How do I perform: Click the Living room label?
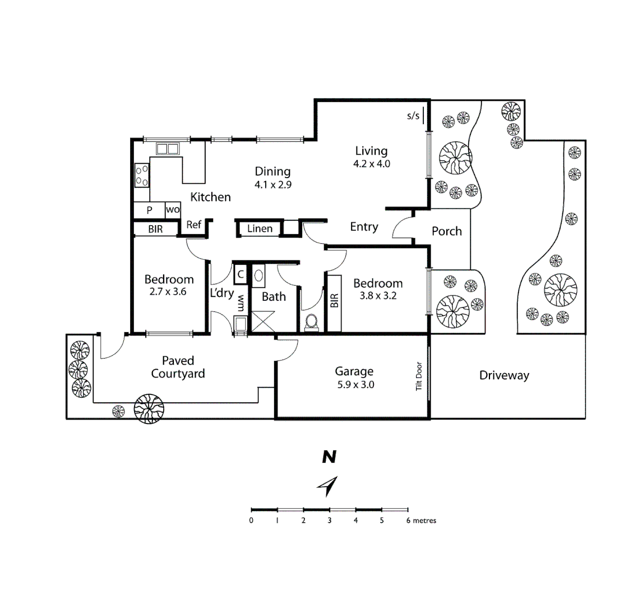[371, 151]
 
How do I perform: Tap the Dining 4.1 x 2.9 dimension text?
[273, 184]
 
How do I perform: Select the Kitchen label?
[210, 197]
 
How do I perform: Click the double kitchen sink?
[167, 148]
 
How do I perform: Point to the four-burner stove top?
[142, 175]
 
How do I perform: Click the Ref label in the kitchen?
[193, 225]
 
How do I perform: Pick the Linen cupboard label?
[260, 229]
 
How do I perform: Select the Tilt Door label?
[418, 375]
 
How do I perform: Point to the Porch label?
[447, 231]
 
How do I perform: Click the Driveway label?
[504, 375]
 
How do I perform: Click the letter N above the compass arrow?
[329, 457]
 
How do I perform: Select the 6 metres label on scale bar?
[421, 520]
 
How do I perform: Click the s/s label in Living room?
[413, 116]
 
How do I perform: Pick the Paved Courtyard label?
[178, 367]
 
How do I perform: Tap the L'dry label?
[221, 293]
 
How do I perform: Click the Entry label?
[364, 226]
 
